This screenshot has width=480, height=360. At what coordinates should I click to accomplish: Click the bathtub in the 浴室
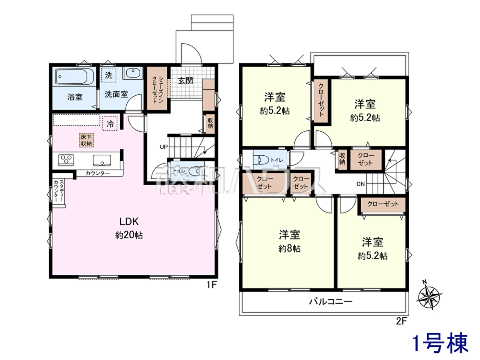[x=74, y=76]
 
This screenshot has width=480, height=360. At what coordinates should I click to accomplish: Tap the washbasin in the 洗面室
[x=133, y=73]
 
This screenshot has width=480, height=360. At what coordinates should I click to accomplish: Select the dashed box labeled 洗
[x=109, y=75]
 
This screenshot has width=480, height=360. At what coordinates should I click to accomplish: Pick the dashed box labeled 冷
[x=110, y=124]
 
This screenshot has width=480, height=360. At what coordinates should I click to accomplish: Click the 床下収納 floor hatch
[x=86, y=140]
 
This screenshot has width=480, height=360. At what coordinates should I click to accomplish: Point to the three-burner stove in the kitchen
[x=66, y=160]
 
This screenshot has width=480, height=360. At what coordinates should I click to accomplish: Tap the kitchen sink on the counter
[x=102, y=160]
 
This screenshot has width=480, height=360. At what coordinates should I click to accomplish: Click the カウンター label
[x=98, y=173]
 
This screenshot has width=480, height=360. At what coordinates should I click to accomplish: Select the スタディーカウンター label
[x=59, y=191]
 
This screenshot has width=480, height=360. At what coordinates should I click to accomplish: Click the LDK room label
[x=129, y=222]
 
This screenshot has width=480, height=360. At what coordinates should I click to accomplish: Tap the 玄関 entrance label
[x=186, y=81]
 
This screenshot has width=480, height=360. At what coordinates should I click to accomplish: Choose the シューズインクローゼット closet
[x=157, y=88]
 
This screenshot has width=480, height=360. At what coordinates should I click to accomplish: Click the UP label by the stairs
[x=164, y=147]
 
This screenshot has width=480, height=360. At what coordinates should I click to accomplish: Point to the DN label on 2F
[x=361, y=184]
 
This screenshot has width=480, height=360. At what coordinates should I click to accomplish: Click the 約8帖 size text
[x=289, y=248]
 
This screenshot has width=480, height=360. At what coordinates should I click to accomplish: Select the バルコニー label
[x=331, y=302]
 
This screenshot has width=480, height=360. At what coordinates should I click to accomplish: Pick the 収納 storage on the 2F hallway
[x=342, y=159]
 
